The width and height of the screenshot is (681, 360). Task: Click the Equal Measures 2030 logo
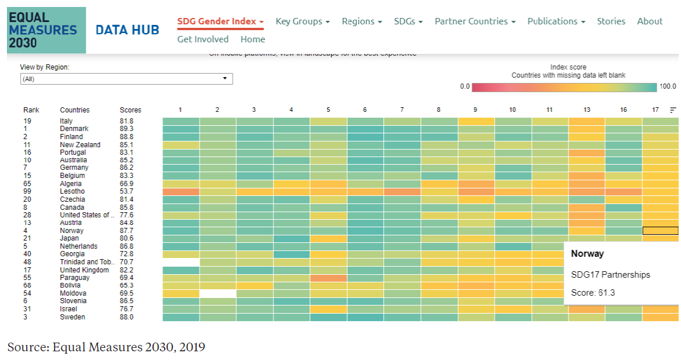[46, 30]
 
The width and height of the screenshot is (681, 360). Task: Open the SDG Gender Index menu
[220, 21]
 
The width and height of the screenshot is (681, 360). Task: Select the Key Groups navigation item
[302, 21]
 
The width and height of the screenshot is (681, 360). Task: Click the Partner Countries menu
[474, 21]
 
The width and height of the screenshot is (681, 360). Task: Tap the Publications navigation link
[556, 21]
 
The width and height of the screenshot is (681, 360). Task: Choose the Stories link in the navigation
[611, 21]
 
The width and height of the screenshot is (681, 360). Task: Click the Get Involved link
[203, 39]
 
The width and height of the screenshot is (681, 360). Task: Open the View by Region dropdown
[126, 79]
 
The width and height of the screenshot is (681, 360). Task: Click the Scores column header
[131, 110]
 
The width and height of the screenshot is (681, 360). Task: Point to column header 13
[587, 110]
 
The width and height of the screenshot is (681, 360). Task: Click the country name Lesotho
[72, 191]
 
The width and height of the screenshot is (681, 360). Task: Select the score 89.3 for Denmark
[126, 129]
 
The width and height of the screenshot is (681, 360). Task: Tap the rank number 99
[27, 191]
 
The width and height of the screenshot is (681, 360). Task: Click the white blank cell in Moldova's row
[218, 293]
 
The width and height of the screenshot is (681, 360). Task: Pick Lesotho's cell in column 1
[181, 191]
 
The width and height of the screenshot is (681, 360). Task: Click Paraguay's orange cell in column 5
[328, 278]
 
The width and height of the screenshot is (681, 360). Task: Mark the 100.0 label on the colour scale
[668, 86]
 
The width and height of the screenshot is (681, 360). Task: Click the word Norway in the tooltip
[587, 254]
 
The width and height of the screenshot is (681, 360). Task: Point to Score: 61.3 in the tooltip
[593, 293]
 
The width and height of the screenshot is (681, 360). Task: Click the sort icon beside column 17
[673, 110]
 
